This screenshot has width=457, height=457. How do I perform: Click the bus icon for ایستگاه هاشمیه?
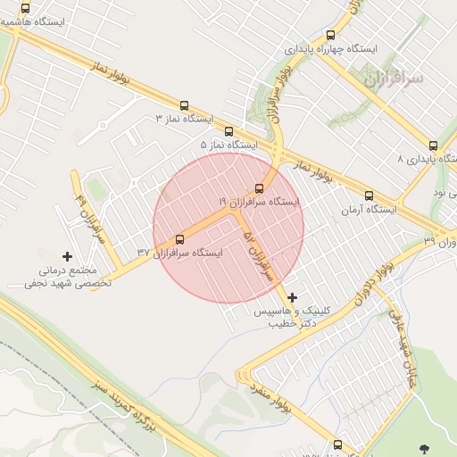pos(25,7)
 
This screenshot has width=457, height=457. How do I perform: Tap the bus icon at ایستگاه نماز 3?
pos(185,105)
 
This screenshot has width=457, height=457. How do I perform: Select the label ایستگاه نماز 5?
pos(228,145)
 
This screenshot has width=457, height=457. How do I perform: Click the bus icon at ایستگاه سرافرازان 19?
pos(259,188)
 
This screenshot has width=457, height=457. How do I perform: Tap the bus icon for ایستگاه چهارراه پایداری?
pos(331,35)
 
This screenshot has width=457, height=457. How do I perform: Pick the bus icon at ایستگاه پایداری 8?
pos(433,145)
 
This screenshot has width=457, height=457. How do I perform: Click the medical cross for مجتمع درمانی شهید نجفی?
pos(68,256)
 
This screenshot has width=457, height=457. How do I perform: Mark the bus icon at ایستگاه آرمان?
pos(369,195)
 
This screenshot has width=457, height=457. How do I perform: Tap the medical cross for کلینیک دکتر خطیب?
pos(292,297)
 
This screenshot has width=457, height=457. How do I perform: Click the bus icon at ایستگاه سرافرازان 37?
pos(180,239)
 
